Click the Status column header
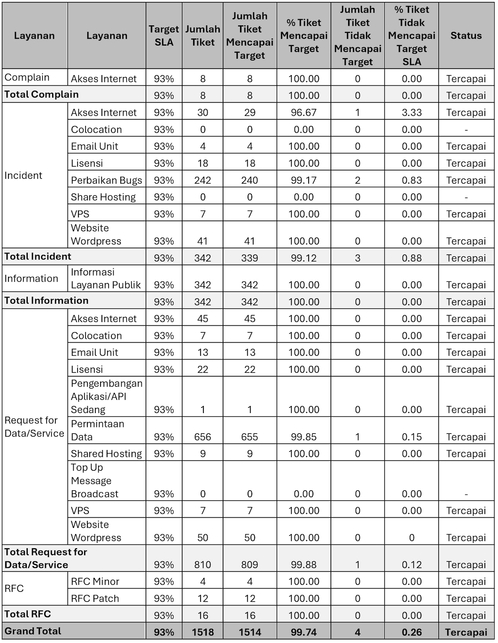(x=466, y=36)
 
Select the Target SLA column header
(x=163, y=36)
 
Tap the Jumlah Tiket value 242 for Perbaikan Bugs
(x=202, y=180)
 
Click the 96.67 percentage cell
(x=303, y=113)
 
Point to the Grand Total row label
(x=33, y=631)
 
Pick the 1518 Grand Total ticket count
(x=202, y=632)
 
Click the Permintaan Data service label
(x=98, y=430)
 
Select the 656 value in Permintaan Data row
(x=202, y=437)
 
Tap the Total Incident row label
(x=38, y=257)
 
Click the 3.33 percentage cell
(x=412, y=113)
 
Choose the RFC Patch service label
(x=95, y=598)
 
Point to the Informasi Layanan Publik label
(x=106, y=279)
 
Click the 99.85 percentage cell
(x=303, y=437)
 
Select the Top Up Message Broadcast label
(x=94, y=481)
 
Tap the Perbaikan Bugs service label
(x=107, y=180)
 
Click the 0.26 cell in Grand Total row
(x=412, y=632)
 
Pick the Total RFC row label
(x=28, y=614)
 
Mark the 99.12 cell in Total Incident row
(x=303, y=258)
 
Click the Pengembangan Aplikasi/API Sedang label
(x=107, y=397)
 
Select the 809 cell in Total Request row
(x=249, y=565)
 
